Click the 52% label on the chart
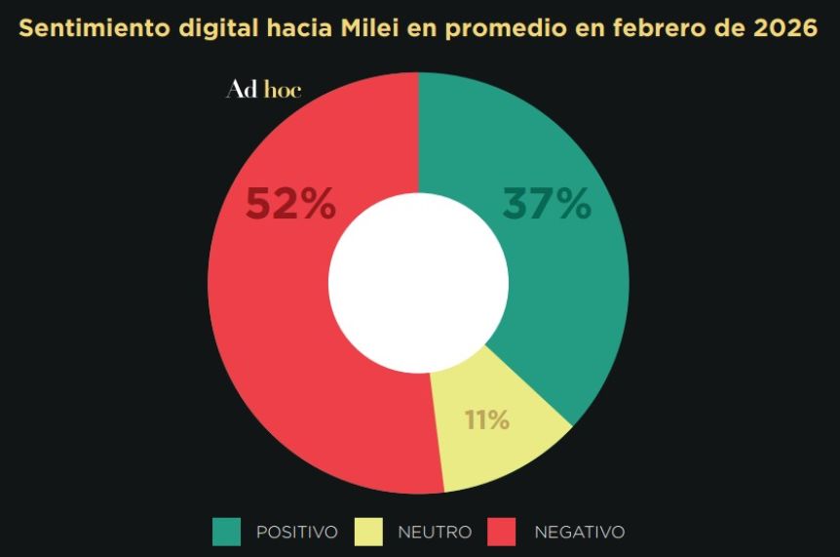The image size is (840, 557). pos(290,205)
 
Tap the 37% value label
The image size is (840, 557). pos(547,205)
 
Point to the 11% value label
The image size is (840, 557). pos(487,420)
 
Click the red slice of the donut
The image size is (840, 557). pos(273,322)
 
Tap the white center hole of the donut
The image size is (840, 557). pos(419,283)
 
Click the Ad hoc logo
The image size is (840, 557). pos(263,90)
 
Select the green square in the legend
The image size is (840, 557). pos(226,532)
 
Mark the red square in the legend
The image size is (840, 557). pos(502,532)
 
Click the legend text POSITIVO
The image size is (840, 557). pos(297,533)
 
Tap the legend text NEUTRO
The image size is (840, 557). pos(435,533)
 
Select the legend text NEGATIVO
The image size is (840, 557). pos(580,533)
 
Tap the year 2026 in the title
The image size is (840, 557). pos(785,28)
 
